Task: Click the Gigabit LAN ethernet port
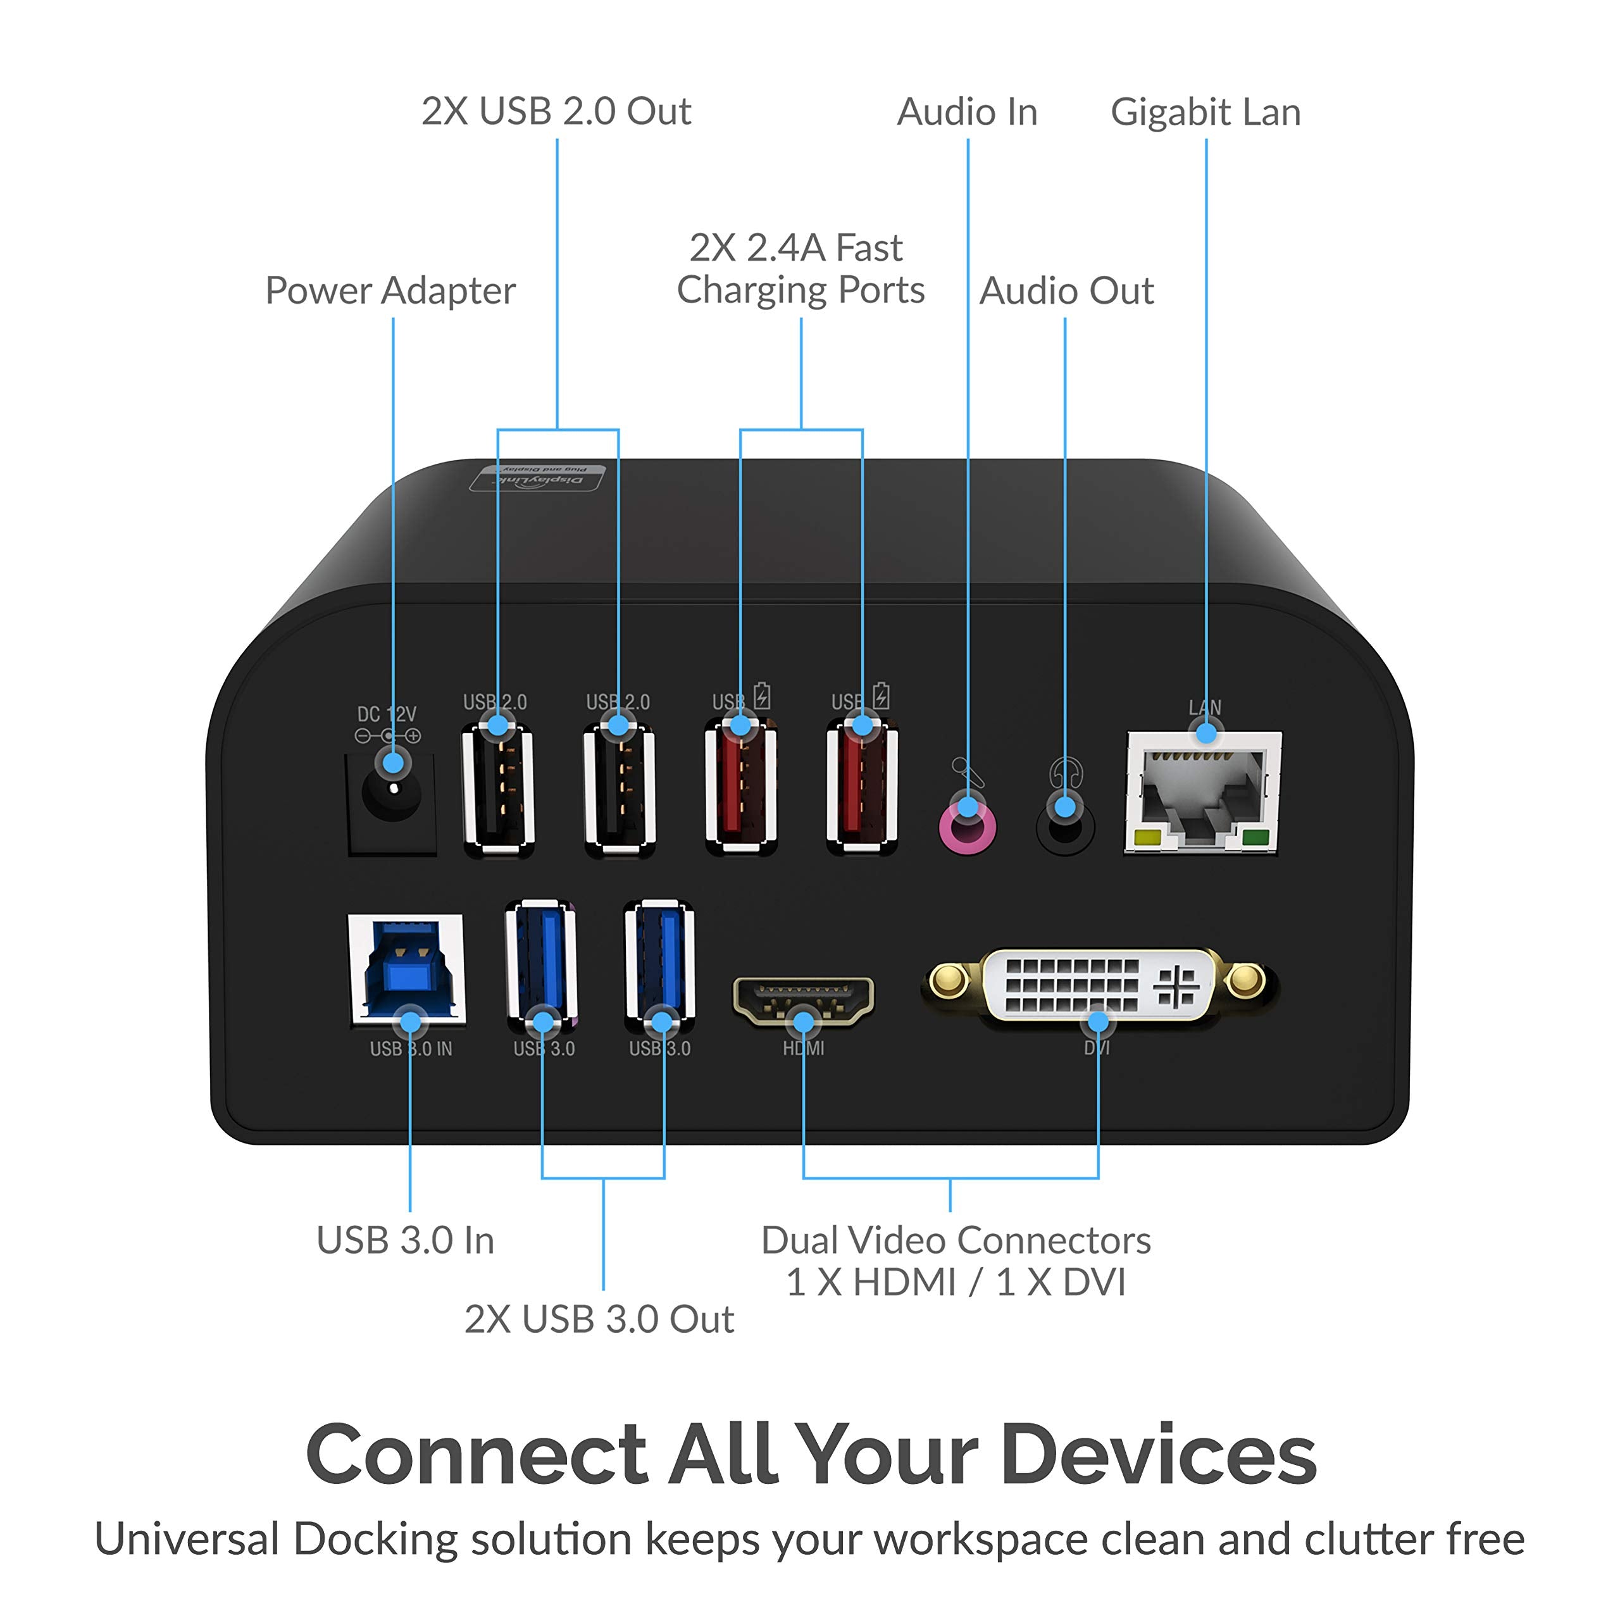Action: pyautogui.click(x=1202, y=792)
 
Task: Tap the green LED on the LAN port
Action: pyautogui.click(x=1255, y=837)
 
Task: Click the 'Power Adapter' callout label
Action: pyautogui.click(x=390, y=291)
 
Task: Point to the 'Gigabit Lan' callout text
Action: pyautogui.click(x=1205, y=113)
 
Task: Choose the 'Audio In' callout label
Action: pyautogui.click(x=967, y=113)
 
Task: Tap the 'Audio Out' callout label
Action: pyautogui.click(x=1066, y=291)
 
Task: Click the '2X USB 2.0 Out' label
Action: pyautogui.click(x=556, y=111)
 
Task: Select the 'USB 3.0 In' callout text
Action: pyautogui.click(x=405, y=1240)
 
